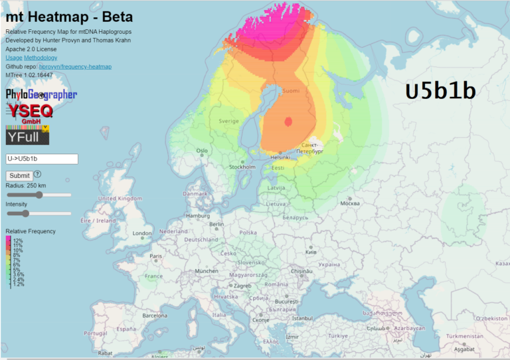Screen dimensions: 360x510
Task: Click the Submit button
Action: (x=19, y=175)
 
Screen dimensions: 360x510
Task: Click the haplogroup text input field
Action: (x=42, y=159)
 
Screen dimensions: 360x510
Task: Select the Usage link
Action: (x=14, y=58)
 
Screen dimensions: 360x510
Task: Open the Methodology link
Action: (x=41, y=58)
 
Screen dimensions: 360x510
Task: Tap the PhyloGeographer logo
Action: (x=41, y=95)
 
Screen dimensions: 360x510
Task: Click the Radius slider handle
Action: (x=39, y=195)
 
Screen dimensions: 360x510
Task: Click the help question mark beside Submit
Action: (x=38, y=174)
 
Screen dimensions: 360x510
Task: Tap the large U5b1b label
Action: (x=440, y=92)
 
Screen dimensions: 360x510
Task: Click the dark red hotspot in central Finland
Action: (x=288, y=122)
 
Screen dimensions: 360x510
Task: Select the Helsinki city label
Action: (x=280, y=157)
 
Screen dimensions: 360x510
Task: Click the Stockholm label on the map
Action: (x=242, y=167)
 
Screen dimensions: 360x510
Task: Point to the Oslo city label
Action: (x=202, y=151)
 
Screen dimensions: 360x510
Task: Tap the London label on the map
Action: (x=142, y=233)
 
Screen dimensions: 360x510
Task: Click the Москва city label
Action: (x=349, y=203)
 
